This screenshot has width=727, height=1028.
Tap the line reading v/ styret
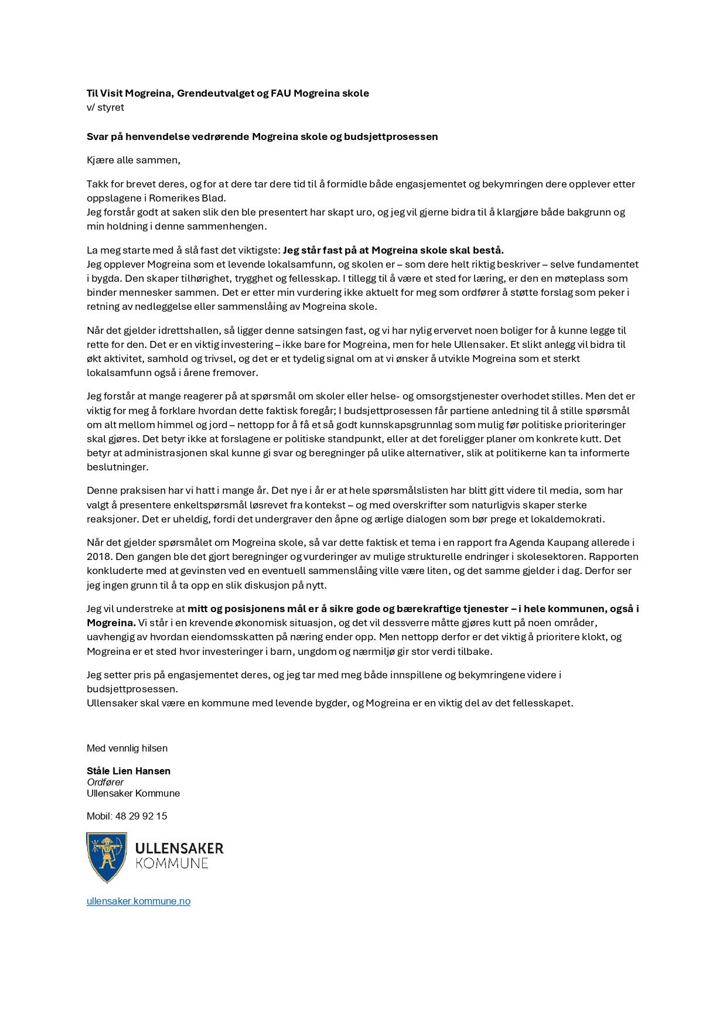pyautogui.click(x=105, y=108)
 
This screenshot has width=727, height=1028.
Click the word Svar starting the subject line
pyautogui.click(x=97, y=136)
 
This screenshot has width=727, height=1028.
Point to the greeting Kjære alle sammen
pyautogui.click(x=134, y=160)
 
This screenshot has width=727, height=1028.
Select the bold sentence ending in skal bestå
pyautogui.click(x=393, y=250)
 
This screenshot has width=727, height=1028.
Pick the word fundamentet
pyautogui.click(x=610, y=264)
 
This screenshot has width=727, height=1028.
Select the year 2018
pyautogui.click(x=99, y=556)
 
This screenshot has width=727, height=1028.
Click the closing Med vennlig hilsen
pyautogui.click(x=127, y=748)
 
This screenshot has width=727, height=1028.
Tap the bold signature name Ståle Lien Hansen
pyautogui.click(x=129, y=771)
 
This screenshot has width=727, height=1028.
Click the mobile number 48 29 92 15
pyautogui.click(x=141, y=816)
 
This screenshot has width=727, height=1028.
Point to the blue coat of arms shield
pyautogui.click(x=107, y=858)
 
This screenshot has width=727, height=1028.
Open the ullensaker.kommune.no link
pyautogui.click(x=138, y=901)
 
